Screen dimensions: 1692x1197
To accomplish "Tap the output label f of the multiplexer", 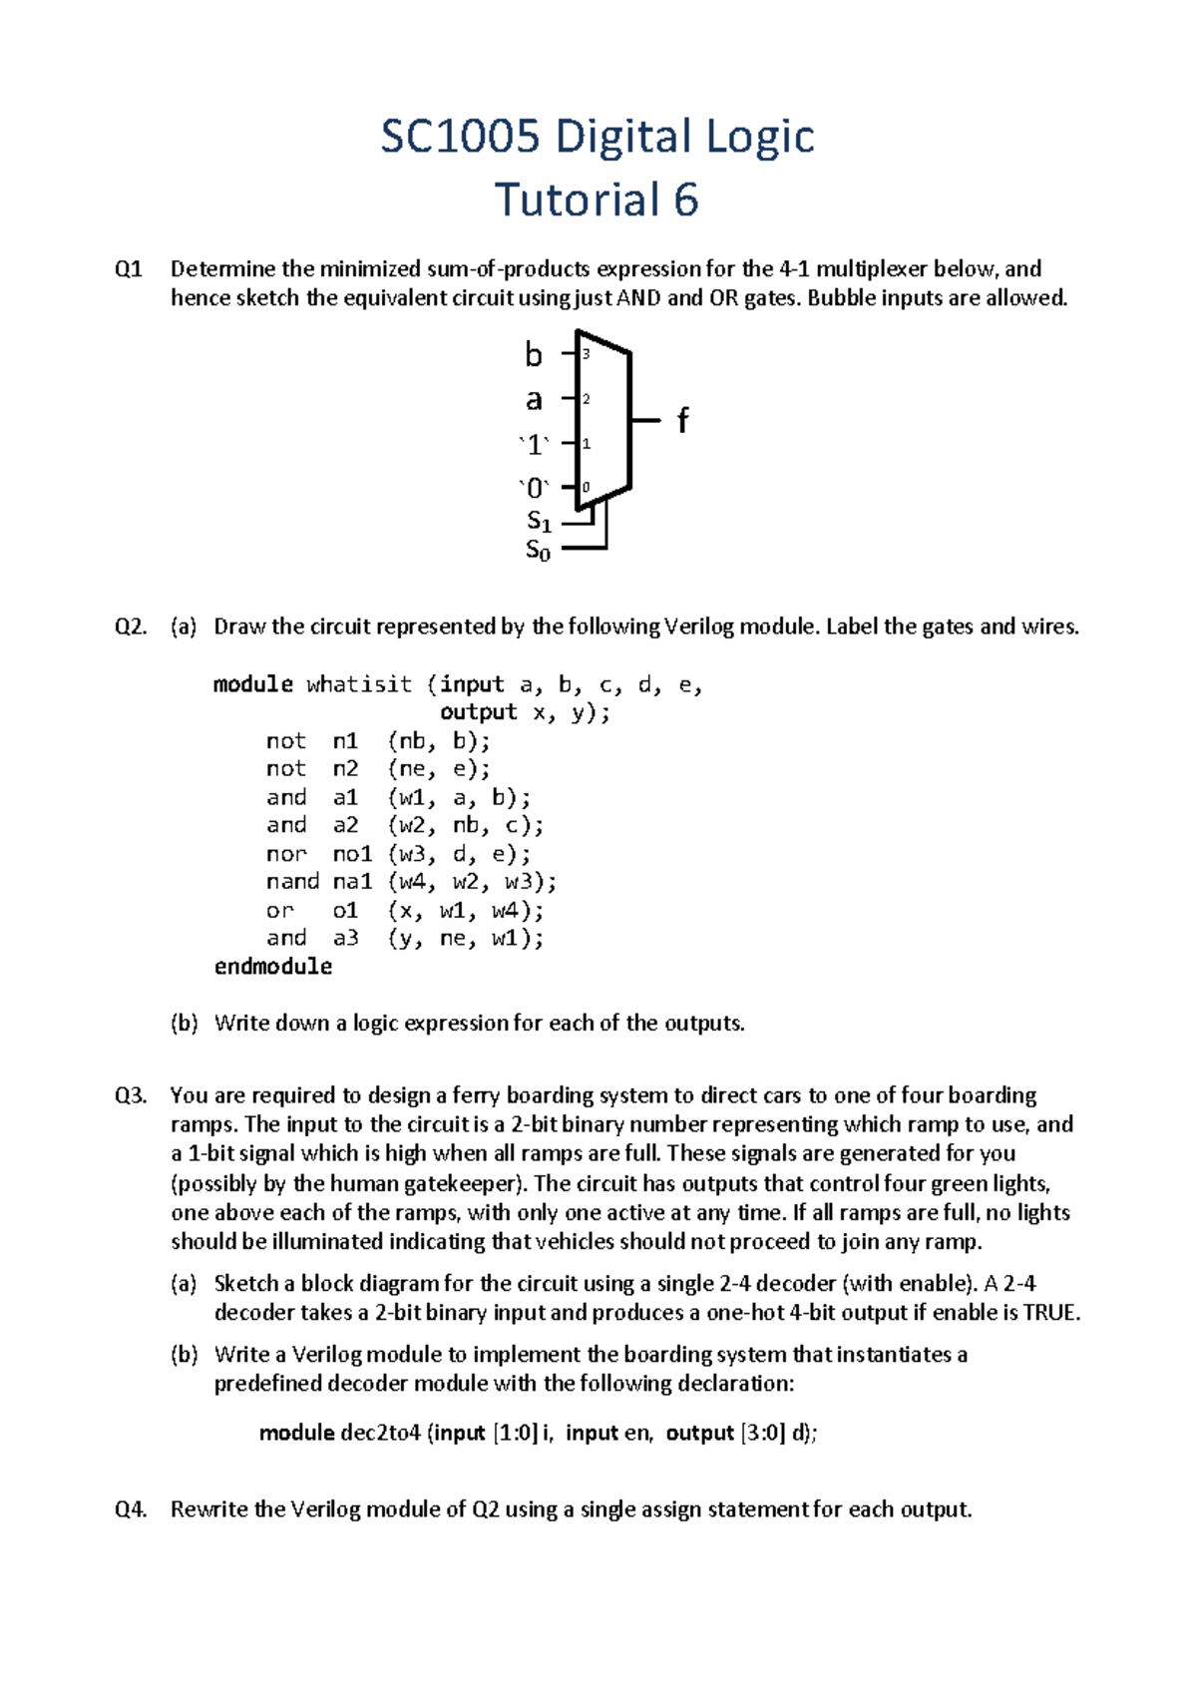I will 682,421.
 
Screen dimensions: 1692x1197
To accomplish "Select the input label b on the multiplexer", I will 534,355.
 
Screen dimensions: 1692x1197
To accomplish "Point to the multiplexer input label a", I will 534,400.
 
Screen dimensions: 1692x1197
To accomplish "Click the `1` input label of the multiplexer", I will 535,445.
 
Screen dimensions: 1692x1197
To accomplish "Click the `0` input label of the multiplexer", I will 535,489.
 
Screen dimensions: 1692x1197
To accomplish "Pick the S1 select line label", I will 539,521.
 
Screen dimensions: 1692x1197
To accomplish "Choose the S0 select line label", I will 538,550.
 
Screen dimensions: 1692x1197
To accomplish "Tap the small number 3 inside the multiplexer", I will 587,354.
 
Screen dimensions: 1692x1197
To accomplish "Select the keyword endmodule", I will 273,966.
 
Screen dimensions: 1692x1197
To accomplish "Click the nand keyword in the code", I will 292,882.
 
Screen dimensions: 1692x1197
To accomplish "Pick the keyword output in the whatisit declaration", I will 478,712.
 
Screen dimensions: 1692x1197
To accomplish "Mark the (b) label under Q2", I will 185,1023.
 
